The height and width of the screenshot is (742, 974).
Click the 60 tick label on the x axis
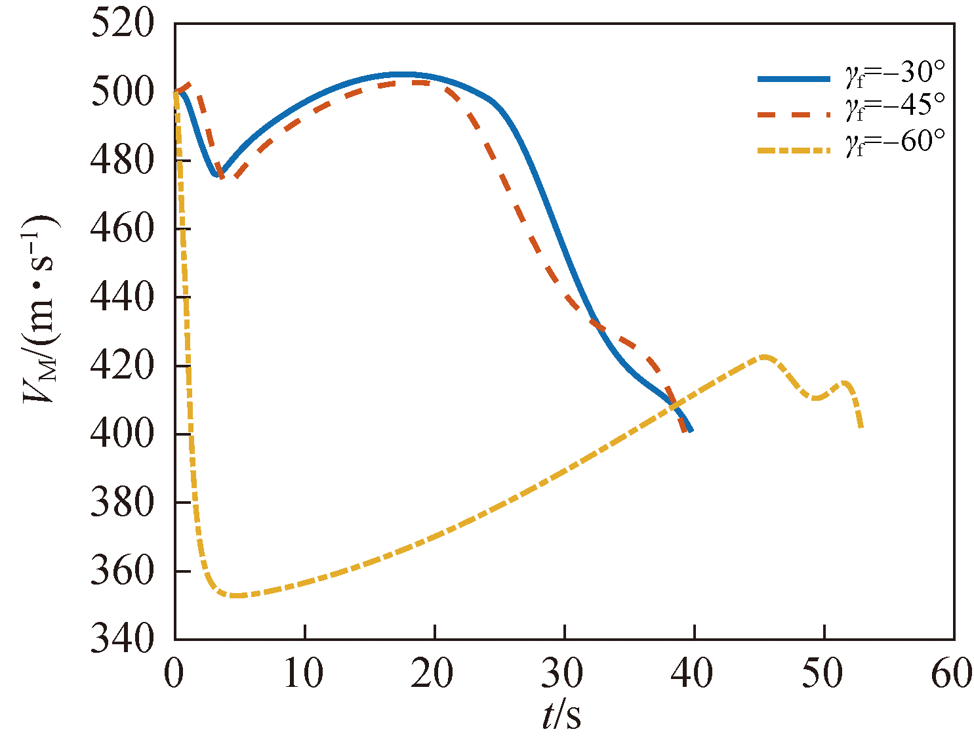(x=952, y=674)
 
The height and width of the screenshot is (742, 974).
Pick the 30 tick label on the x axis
(x=563, y=674)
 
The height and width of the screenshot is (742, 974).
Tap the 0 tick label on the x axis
(x=174, y=674)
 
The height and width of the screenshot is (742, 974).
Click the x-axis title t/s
(x=561, y=715)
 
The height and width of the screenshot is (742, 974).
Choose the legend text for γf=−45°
(x=895, y=108)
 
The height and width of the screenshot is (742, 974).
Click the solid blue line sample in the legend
(x=794, y=79)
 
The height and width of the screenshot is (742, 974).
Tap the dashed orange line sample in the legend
(x=794, y=113)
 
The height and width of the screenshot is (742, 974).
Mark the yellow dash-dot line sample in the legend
(x=794, y=150)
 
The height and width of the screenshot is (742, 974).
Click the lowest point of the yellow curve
(x=236, y=596)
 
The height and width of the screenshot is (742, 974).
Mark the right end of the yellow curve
(x=861, y=428)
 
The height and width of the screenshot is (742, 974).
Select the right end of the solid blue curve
(x=691, y=430)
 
